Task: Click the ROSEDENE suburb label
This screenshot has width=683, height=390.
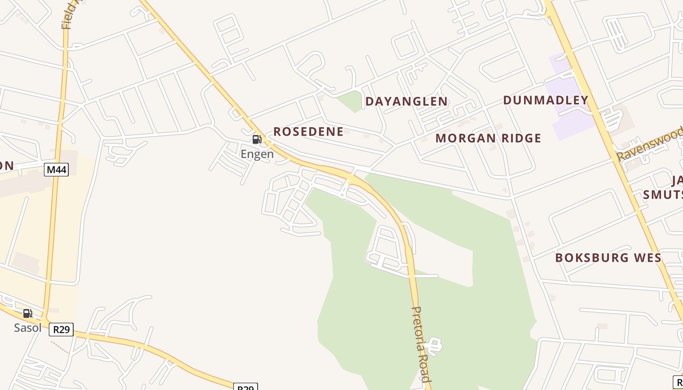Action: pyautogui.click(x=308, y=132)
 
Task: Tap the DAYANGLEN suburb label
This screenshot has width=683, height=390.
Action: pyautogui.click(x=406, y=101)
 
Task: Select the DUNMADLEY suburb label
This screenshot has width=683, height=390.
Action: pyautogui.click(x=545, y=100)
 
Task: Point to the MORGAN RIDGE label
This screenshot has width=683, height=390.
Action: pyautogui.click(x=488, y=138)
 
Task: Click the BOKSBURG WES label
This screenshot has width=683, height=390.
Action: pyautogui.click(x=608, y=258)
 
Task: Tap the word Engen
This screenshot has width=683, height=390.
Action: pyautogui.click(x=257, y=155)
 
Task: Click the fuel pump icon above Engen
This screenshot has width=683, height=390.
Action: pyautogui.click(x=257, y=140)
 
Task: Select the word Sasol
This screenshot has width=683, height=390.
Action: pyautogui.click(x=28, y=328)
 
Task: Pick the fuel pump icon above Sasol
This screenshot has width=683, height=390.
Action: pyautogui.click(x=28, y=313)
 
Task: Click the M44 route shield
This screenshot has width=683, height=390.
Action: pyautogui.click(x=56, y=170)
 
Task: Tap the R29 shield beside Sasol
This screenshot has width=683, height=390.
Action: pyautogui.click(x=61, y=330)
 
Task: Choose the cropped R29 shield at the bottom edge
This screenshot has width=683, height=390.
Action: pyautogui.click(x=245, y=387)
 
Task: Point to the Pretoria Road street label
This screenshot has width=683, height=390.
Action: pyautogui.click(x=421, y=344)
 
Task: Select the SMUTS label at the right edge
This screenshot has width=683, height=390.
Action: pyautogui.click(x=663, y=195)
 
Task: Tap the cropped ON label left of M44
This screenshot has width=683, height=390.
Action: pyautogui.click(x=6, y=166)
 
